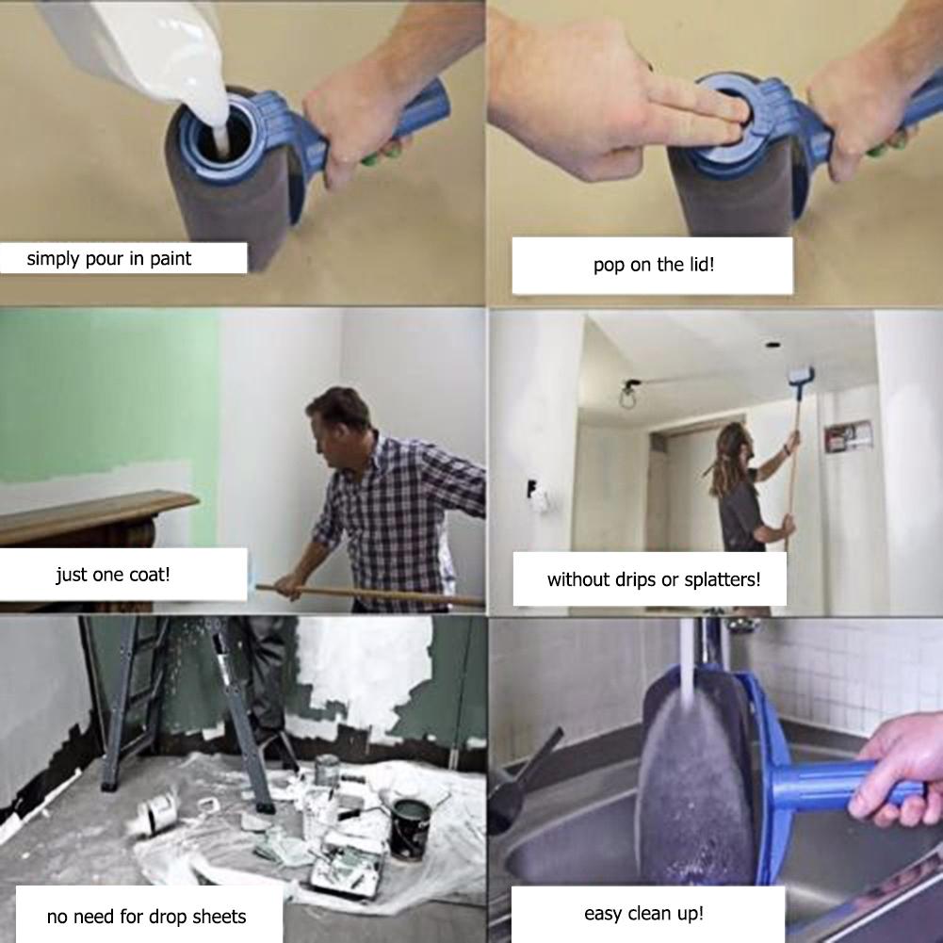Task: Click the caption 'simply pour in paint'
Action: click(108, 258)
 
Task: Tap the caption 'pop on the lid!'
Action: click(653, 265)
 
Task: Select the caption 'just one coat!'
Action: click(113, 574)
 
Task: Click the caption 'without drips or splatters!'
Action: click(653, 579)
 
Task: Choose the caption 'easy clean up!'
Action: click(643, 913)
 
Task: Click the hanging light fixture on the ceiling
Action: click(626, 396)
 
